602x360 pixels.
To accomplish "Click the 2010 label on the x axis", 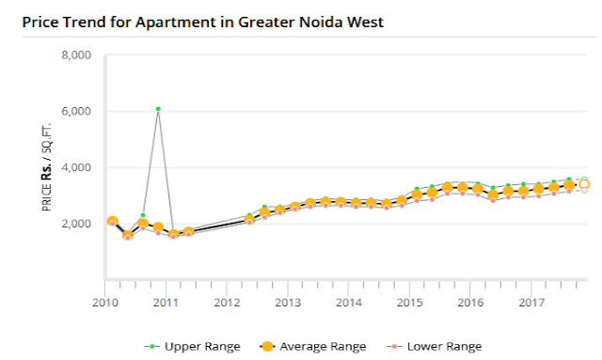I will pos(104,303).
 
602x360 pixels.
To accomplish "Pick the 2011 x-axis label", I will pos(166,303).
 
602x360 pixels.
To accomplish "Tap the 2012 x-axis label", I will pos(227,303).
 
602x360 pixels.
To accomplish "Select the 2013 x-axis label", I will pos(288,303).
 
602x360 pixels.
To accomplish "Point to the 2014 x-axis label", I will pos(349,303).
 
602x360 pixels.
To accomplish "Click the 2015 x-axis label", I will pos(409,303).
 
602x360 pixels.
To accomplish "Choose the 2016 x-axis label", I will pos(470,303).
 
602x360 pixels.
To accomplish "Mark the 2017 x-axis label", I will pos(531,303).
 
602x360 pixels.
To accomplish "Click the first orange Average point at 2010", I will pos(112,222).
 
